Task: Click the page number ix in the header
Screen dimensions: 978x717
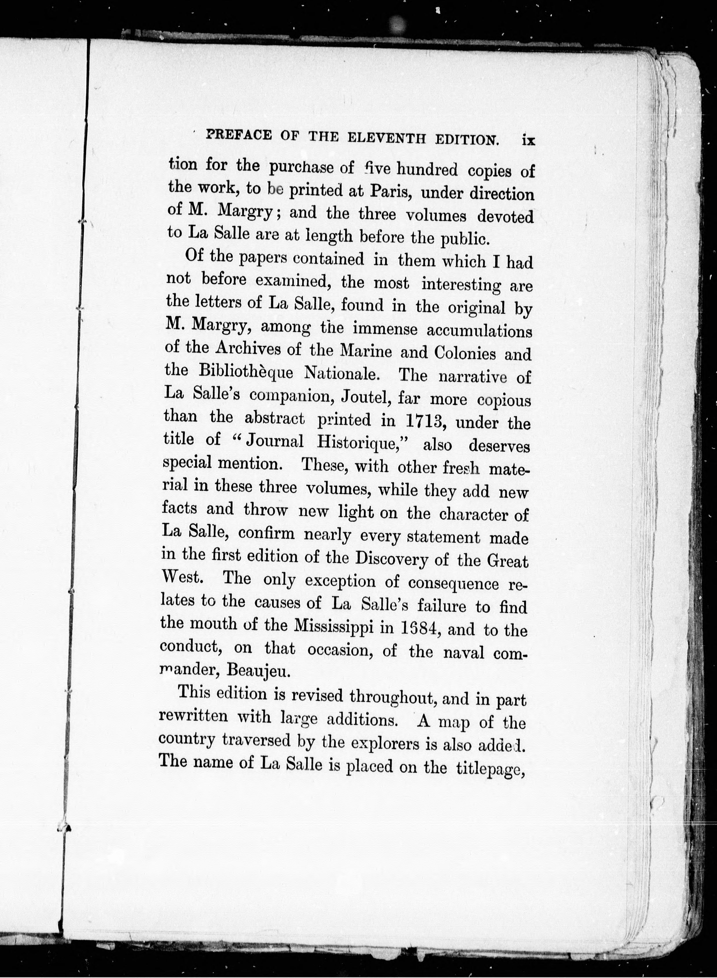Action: click(x=529, y=141)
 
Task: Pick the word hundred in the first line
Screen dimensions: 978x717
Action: click(x=427, y=169)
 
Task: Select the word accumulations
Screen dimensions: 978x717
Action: click(x=479, y=331)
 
